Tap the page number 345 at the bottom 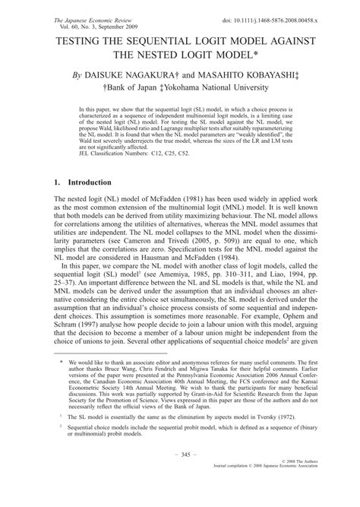pyautogui.click(x=179, y=474)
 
